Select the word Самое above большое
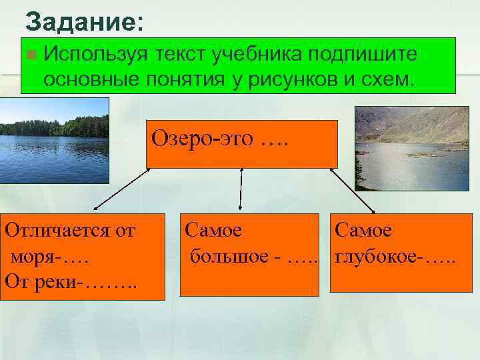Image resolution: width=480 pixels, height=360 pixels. (213, 231)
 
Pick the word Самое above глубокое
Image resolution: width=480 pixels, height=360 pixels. (363, 231)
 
